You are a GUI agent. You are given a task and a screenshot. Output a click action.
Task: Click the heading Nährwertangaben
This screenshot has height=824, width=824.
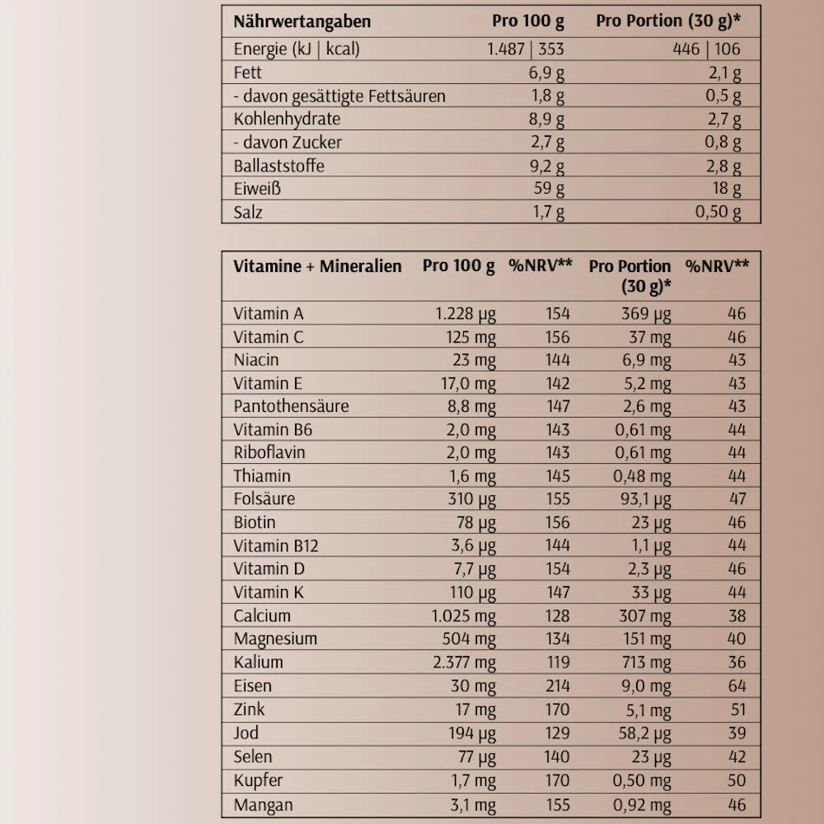(302, 21)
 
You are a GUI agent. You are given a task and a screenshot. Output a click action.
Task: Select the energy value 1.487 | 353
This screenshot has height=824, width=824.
(526, 49)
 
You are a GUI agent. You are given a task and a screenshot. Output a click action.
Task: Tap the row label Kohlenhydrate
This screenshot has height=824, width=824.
(287, 119)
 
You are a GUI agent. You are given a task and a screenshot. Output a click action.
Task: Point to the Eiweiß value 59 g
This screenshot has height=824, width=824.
(547, 189)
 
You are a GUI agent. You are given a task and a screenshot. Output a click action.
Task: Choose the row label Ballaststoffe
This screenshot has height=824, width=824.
(279, 166)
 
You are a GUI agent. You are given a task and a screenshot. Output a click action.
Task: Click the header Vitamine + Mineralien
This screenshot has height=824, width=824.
(317, 266)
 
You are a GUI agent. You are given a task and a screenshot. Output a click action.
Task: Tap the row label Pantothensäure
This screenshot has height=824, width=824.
(291, 406)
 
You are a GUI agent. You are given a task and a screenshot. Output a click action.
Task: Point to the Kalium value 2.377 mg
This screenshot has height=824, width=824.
(464, 662)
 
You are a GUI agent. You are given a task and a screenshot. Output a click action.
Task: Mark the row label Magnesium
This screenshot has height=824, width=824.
(275, 639)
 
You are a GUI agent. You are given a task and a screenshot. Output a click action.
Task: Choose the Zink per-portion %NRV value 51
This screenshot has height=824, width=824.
(737, 709)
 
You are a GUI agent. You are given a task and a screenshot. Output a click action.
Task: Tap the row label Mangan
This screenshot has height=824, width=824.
(263, 805)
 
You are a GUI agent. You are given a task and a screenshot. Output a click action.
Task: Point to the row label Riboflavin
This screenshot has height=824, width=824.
(269, 452)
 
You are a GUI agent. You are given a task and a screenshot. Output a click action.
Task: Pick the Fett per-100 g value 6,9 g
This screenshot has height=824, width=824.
(546, 73)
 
